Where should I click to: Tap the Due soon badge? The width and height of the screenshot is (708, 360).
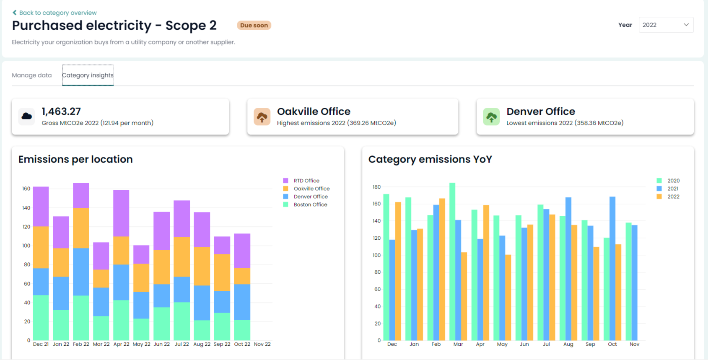[254, 25]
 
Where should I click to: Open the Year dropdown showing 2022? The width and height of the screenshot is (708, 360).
[666, 25]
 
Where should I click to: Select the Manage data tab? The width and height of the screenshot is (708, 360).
[32, 75]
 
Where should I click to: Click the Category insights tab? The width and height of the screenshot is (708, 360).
[88, 75]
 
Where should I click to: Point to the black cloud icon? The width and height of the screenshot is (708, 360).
[27, 117]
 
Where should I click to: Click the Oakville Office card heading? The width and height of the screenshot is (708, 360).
[314, 111]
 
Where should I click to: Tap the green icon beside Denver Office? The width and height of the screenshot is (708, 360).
[491, 117]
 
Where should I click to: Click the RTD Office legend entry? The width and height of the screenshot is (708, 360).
[306, 181]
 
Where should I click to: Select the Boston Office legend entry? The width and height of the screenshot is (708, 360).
[310, 205]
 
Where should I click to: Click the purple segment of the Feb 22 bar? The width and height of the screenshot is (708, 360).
[81, 195]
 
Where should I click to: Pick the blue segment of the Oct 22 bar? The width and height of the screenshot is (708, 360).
[242, 302]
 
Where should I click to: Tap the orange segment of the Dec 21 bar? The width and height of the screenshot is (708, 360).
[41, 247]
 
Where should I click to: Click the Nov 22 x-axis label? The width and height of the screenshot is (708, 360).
[262, 344]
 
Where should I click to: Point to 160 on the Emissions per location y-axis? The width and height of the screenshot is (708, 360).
[26, 189]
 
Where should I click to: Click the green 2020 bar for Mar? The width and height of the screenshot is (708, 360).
[452, 260]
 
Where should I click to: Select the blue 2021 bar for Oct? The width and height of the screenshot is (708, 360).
[612, 268]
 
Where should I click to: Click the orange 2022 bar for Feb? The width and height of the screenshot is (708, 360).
[442, 268]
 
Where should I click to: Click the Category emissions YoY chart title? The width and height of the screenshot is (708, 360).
[430, 159]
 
